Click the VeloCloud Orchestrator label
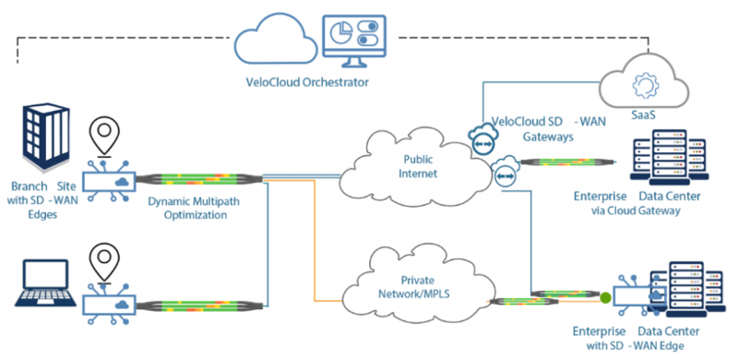[307, 82]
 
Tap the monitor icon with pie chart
[354, 41]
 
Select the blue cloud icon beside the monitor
[276, 40]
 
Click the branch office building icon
[46, 137]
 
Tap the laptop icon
[45, 282]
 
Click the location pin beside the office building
[104, 134]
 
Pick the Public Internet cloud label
[418, 168]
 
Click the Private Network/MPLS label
[418, 287]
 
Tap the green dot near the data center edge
[605, 297]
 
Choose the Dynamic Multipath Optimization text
[194, 209]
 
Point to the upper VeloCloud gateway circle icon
[482, 141]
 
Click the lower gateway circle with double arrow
[504, 174]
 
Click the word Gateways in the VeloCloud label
[547, 138]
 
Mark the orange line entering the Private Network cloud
[314, 240]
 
